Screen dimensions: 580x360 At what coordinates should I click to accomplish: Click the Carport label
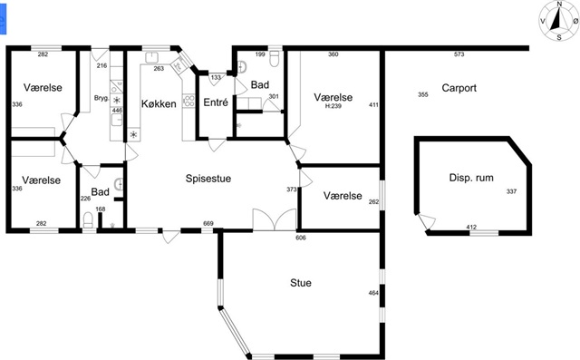(x=459, y=88)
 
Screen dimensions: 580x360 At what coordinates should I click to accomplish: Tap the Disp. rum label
(x=471, y=178)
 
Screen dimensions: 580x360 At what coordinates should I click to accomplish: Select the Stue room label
(x=301, y=283)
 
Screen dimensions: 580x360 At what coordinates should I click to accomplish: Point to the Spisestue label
(x=208, y=179)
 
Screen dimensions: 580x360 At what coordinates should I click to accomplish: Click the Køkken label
(x=159, y=103)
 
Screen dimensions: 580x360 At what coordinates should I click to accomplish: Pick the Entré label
(x=216, y=102)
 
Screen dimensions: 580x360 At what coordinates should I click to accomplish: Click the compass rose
(x=559, y=20)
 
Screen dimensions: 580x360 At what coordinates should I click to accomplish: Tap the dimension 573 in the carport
(x=459, y=54)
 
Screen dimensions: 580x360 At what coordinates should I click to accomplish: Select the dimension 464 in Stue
(x=373, y=293)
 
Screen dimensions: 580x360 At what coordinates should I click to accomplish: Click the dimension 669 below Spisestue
(x=208, y=224)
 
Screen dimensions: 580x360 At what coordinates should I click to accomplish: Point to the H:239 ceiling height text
(x=333, y=106)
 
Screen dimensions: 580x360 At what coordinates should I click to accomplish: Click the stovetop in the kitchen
(x=189, y=101)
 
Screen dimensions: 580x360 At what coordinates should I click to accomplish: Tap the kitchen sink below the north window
(x=151, y=58)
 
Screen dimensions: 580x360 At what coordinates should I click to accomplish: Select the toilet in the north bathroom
(x=274, y=58)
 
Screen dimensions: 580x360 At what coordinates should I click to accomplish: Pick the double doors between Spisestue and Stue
(x=275, y=219)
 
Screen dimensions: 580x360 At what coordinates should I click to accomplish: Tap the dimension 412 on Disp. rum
(x=471, y=228)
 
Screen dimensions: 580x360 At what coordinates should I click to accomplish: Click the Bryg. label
(x=101, y=99)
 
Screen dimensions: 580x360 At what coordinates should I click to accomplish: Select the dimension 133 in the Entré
(x=216, y=78)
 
